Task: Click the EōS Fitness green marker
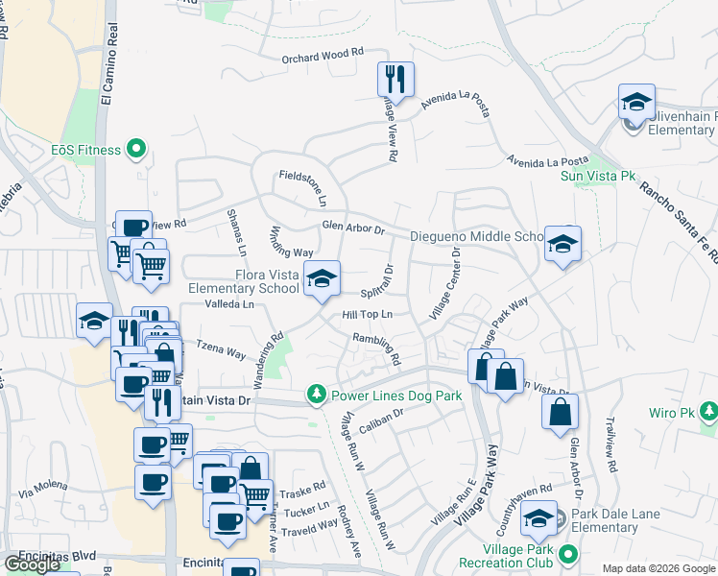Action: pyautogui.click(x=135, y=150)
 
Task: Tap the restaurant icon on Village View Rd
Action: pyautogui.click(x=395, y=78)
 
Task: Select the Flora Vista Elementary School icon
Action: pyautogui.click(x=322, y=280)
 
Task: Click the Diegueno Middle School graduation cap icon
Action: pyautogui.click(x=562, y=242)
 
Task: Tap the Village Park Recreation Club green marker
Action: pyautogui.click(x=568, y=554)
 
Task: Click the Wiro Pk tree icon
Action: pyautogui.click(x=708, y=412)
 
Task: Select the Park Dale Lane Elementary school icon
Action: pyautogui.click(x=538, y=519)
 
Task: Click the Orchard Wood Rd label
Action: pyautogui.click(x=324, y=57)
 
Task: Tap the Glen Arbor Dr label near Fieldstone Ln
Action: pyautogui.click(x=352, y=229)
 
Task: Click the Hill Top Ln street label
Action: pyautogui.click(x=369, y=315)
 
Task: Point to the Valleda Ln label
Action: pyautogui.click(x=229, y=303)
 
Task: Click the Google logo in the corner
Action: pyautogui.click(x=32, y=564)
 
